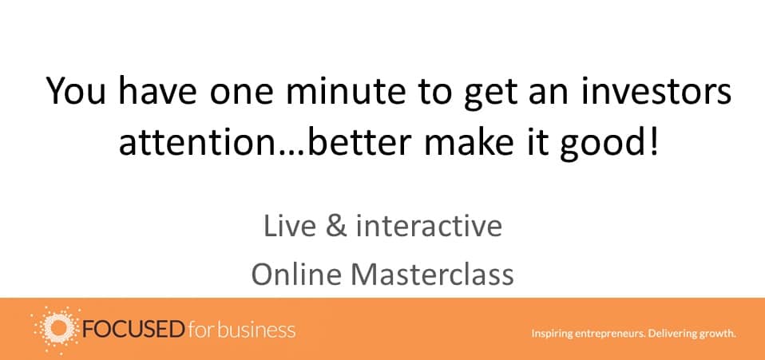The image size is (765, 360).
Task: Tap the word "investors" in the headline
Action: (655, 92)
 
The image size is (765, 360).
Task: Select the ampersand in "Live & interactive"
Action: (335, 227)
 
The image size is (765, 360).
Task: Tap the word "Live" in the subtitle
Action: (290, 227)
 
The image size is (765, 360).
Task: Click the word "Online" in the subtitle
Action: (296, 275)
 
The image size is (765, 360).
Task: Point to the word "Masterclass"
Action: (433, 275)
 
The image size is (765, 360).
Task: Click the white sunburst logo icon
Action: (56, 330)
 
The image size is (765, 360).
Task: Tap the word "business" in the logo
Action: (256, 330)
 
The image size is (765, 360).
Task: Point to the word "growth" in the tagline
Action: (717, 334)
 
